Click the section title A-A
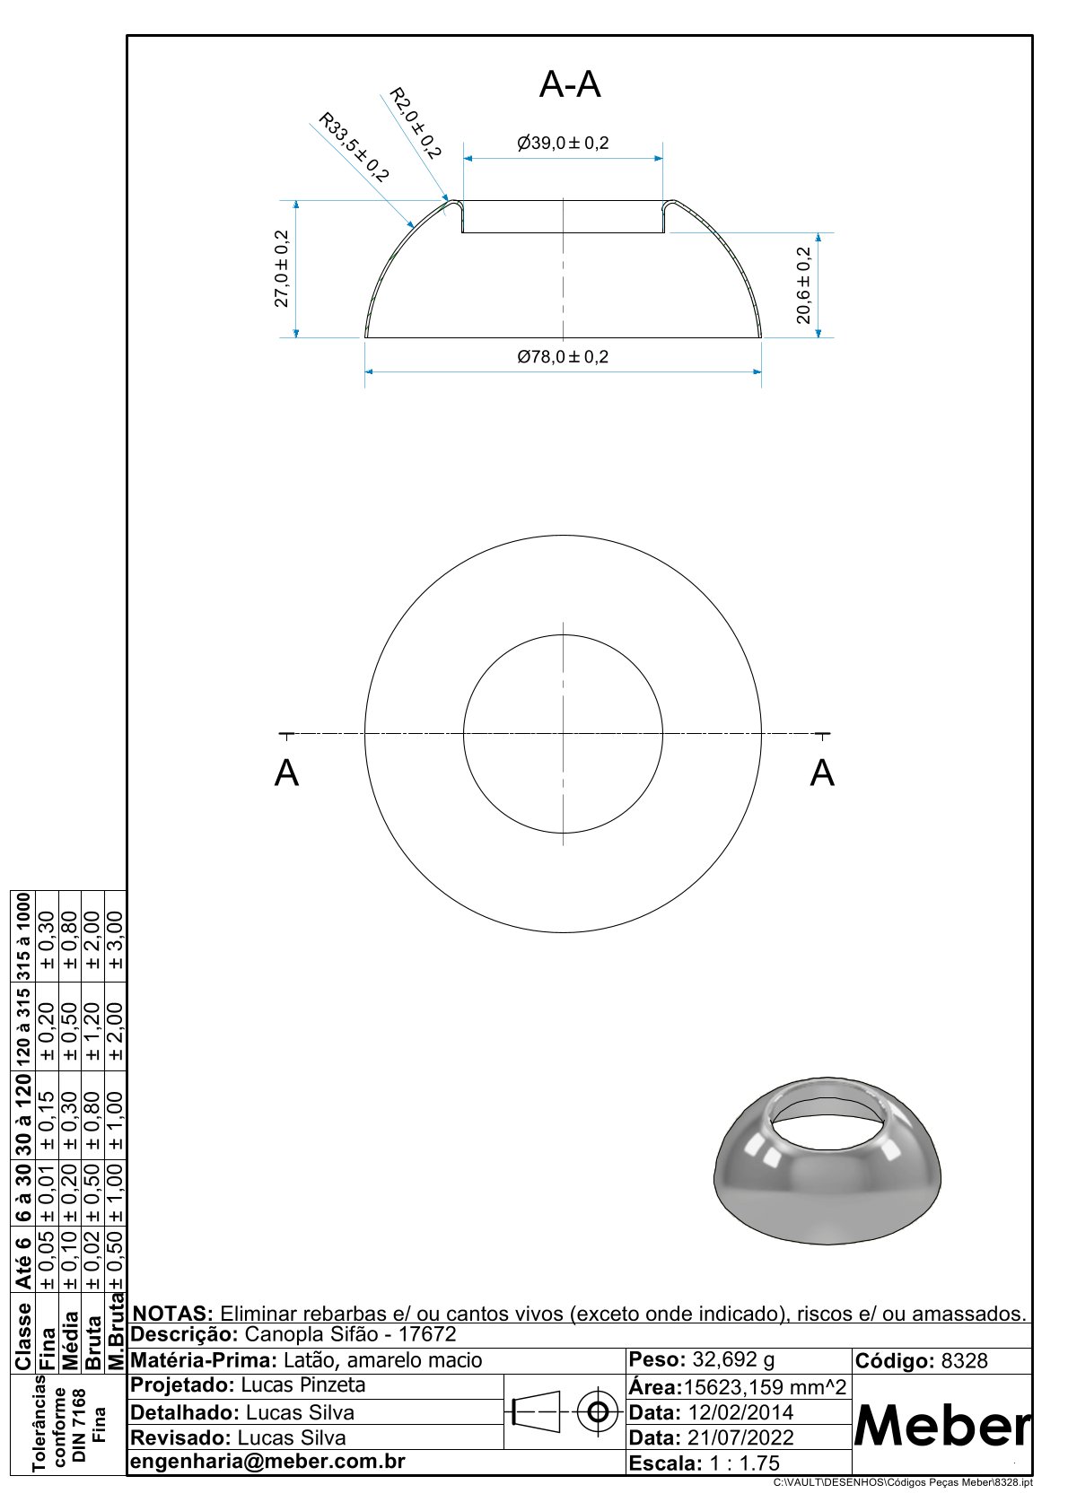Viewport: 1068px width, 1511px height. click(x=569, y=85)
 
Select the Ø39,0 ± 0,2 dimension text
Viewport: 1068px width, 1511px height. click(x=563, y=143)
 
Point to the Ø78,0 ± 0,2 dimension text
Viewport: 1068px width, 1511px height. click(x=563, y=356)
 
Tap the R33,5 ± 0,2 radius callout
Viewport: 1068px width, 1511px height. click(x=354, y=147)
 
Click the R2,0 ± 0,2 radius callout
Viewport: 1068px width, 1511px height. click(x=416, y=123)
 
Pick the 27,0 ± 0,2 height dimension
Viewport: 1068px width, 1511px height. click(x=281, y=268)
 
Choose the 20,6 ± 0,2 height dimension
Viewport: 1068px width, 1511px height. click(x=803, y=285)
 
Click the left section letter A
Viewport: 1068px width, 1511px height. click(x=286, y=773)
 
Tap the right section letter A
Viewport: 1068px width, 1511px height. click(x=822, y=773)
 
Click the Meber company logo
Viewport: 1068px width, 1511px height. click(x=942, y=1426)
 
